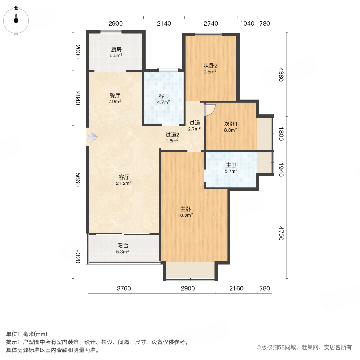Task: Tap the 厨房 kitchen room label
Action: click(116, 50)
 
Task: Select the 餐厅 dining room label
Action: click(115, 96)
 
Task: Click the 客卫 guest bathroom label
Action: click(163, 96)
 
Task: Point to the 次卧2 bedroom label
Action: click(210, 66)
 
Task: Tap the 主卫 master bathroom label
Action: click(231, 164)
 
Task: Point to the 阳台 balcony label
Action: click(123, 246)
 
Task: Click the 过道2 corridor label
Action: click(172, 135)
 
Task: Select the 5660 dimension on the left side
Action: click(78, 179)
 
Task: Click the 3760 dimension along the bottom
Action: click(124, 288)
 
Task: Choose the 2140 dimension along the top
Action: click(164, 24)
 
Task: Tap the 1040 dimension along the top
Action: click(247, 24)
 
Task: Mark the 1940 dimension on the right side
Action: click(281, 170)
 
